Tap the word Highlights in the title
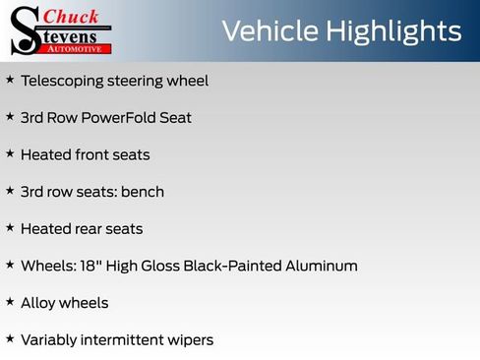click(x=393, y=31)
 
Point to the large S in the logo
click(x=25, y=30)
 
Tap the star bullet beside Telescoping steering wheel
click(x=10, y=80)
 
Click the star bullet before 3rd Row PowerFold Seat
click(x=10, y=116)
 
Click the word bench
click(x=143, y=192)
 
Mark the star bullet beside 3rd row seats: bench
click(x=10, y=191)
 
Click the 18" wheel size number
click(x=86, y=266)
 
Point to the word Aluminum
click(x=325, y=266)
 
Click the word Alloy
click(x=38, y=303)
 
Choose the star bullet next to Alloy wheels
click(x=10, y=302)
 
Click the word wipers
click(x=188, y=340)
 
